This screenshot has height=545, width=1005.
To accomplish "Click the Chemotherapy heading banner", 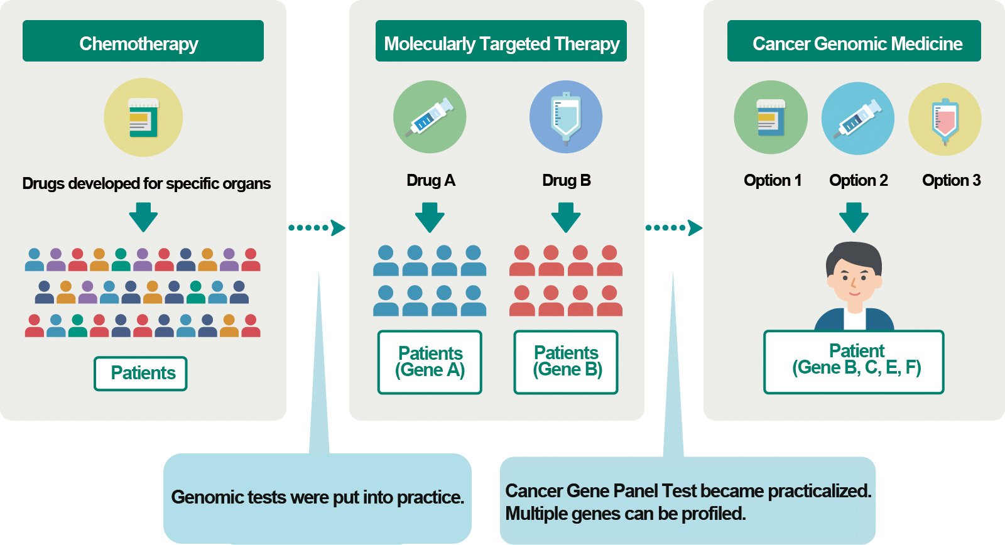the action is [x=143, y=41].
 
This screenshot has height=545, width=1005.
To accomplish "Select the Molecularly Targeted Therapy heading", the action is [x=501, y=41].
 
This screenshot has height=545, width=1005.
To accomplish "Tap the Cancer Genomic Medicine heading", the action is [x=854, y=41].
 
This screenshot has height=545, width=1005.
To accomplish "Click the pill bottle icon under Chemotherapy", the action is [x=144, y=117].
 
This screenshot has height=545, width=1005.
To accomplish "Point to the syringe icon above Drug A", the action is [x=430, y=117].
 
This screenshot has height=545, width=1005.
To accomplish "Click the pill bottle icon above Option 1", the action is [x=771, y=117].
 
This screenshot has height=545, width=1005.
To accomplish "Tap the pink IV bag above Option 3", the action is [x=945, y=119].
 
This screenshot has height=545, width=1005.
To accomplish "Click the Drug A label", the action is [x=431, y=180].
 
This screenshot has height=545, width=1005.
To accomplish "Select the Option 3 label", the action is [x=951, y=180].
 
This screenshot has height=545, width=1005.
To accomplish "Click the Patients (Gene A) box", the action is [x=430, y=362].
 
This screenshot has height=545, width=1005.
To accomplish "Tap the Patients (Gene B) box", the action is [x=566, y=362].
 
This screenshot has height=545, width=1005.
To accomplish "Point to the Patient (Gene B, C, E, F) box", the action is [x=854, y=362].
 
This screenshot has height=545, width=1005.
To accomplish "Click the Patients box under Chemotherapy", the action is [x=141, y=374].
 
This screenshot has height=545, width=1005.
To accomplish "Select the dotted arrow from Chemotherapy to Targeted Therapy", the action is [x=317, y=228].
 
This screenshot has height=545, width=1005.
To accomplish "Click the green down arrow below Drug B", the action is [x=566, y=217].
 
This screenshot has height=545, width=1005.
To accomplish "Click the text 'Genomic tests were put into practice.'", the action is [x=318, y=497].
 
